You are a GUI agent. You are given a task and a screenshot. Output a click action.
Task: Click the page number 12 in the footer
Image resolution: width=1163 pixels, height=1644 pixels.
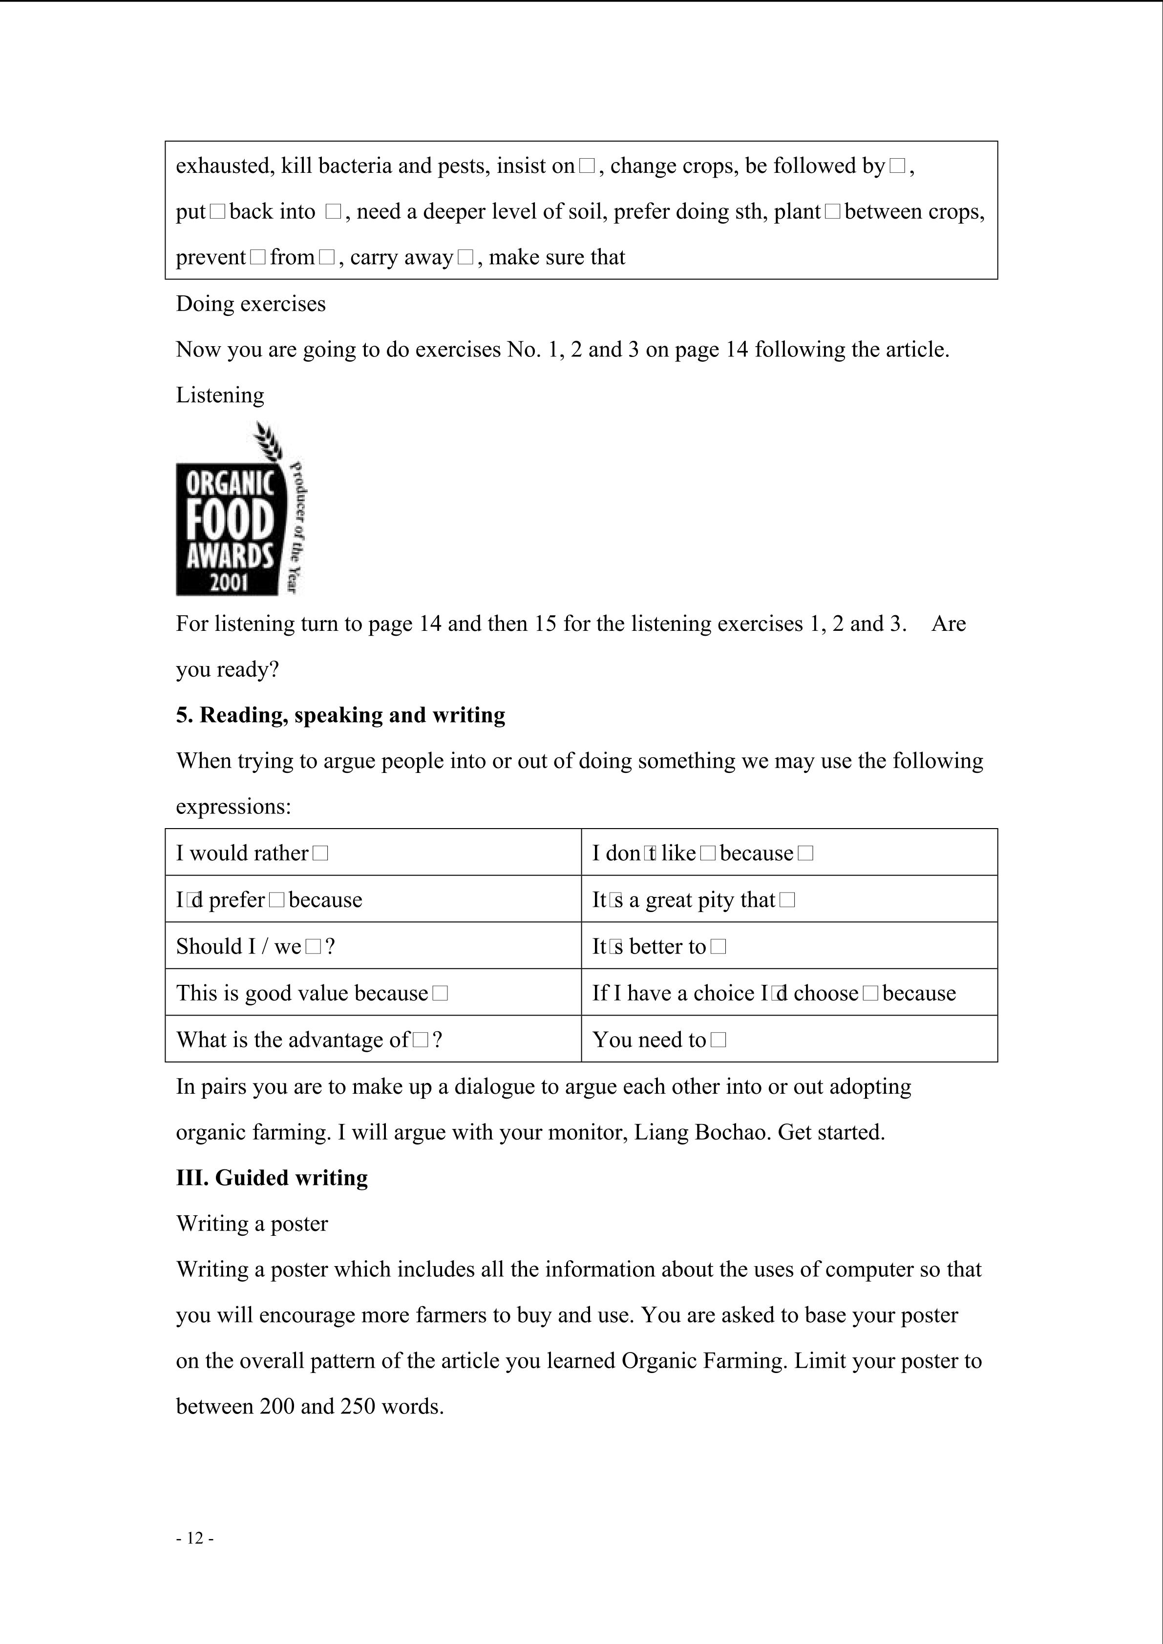tap(195, 1538)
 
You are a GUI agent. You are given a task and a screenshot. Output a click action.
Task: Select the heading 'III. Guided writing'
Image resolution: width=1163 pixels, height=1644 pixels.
tap(272, 1178)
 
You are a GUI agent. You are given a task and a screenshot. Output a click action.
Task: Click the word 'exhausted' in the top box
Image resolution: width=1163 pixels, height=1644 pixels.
tap(223, 166)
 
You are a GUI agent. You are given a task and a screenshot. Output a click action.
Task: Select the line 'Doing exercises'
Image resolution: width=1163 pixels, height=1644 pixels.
tap(251, 304)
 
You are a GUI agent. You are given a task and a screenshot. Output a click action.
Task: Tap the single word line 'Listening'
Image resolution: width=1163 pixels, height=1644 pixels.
tap(220, 395)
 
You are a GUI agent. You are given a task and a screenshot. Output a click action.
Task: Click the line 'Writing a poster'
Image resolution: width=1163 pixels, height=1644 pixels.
tap(252, 1224)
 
